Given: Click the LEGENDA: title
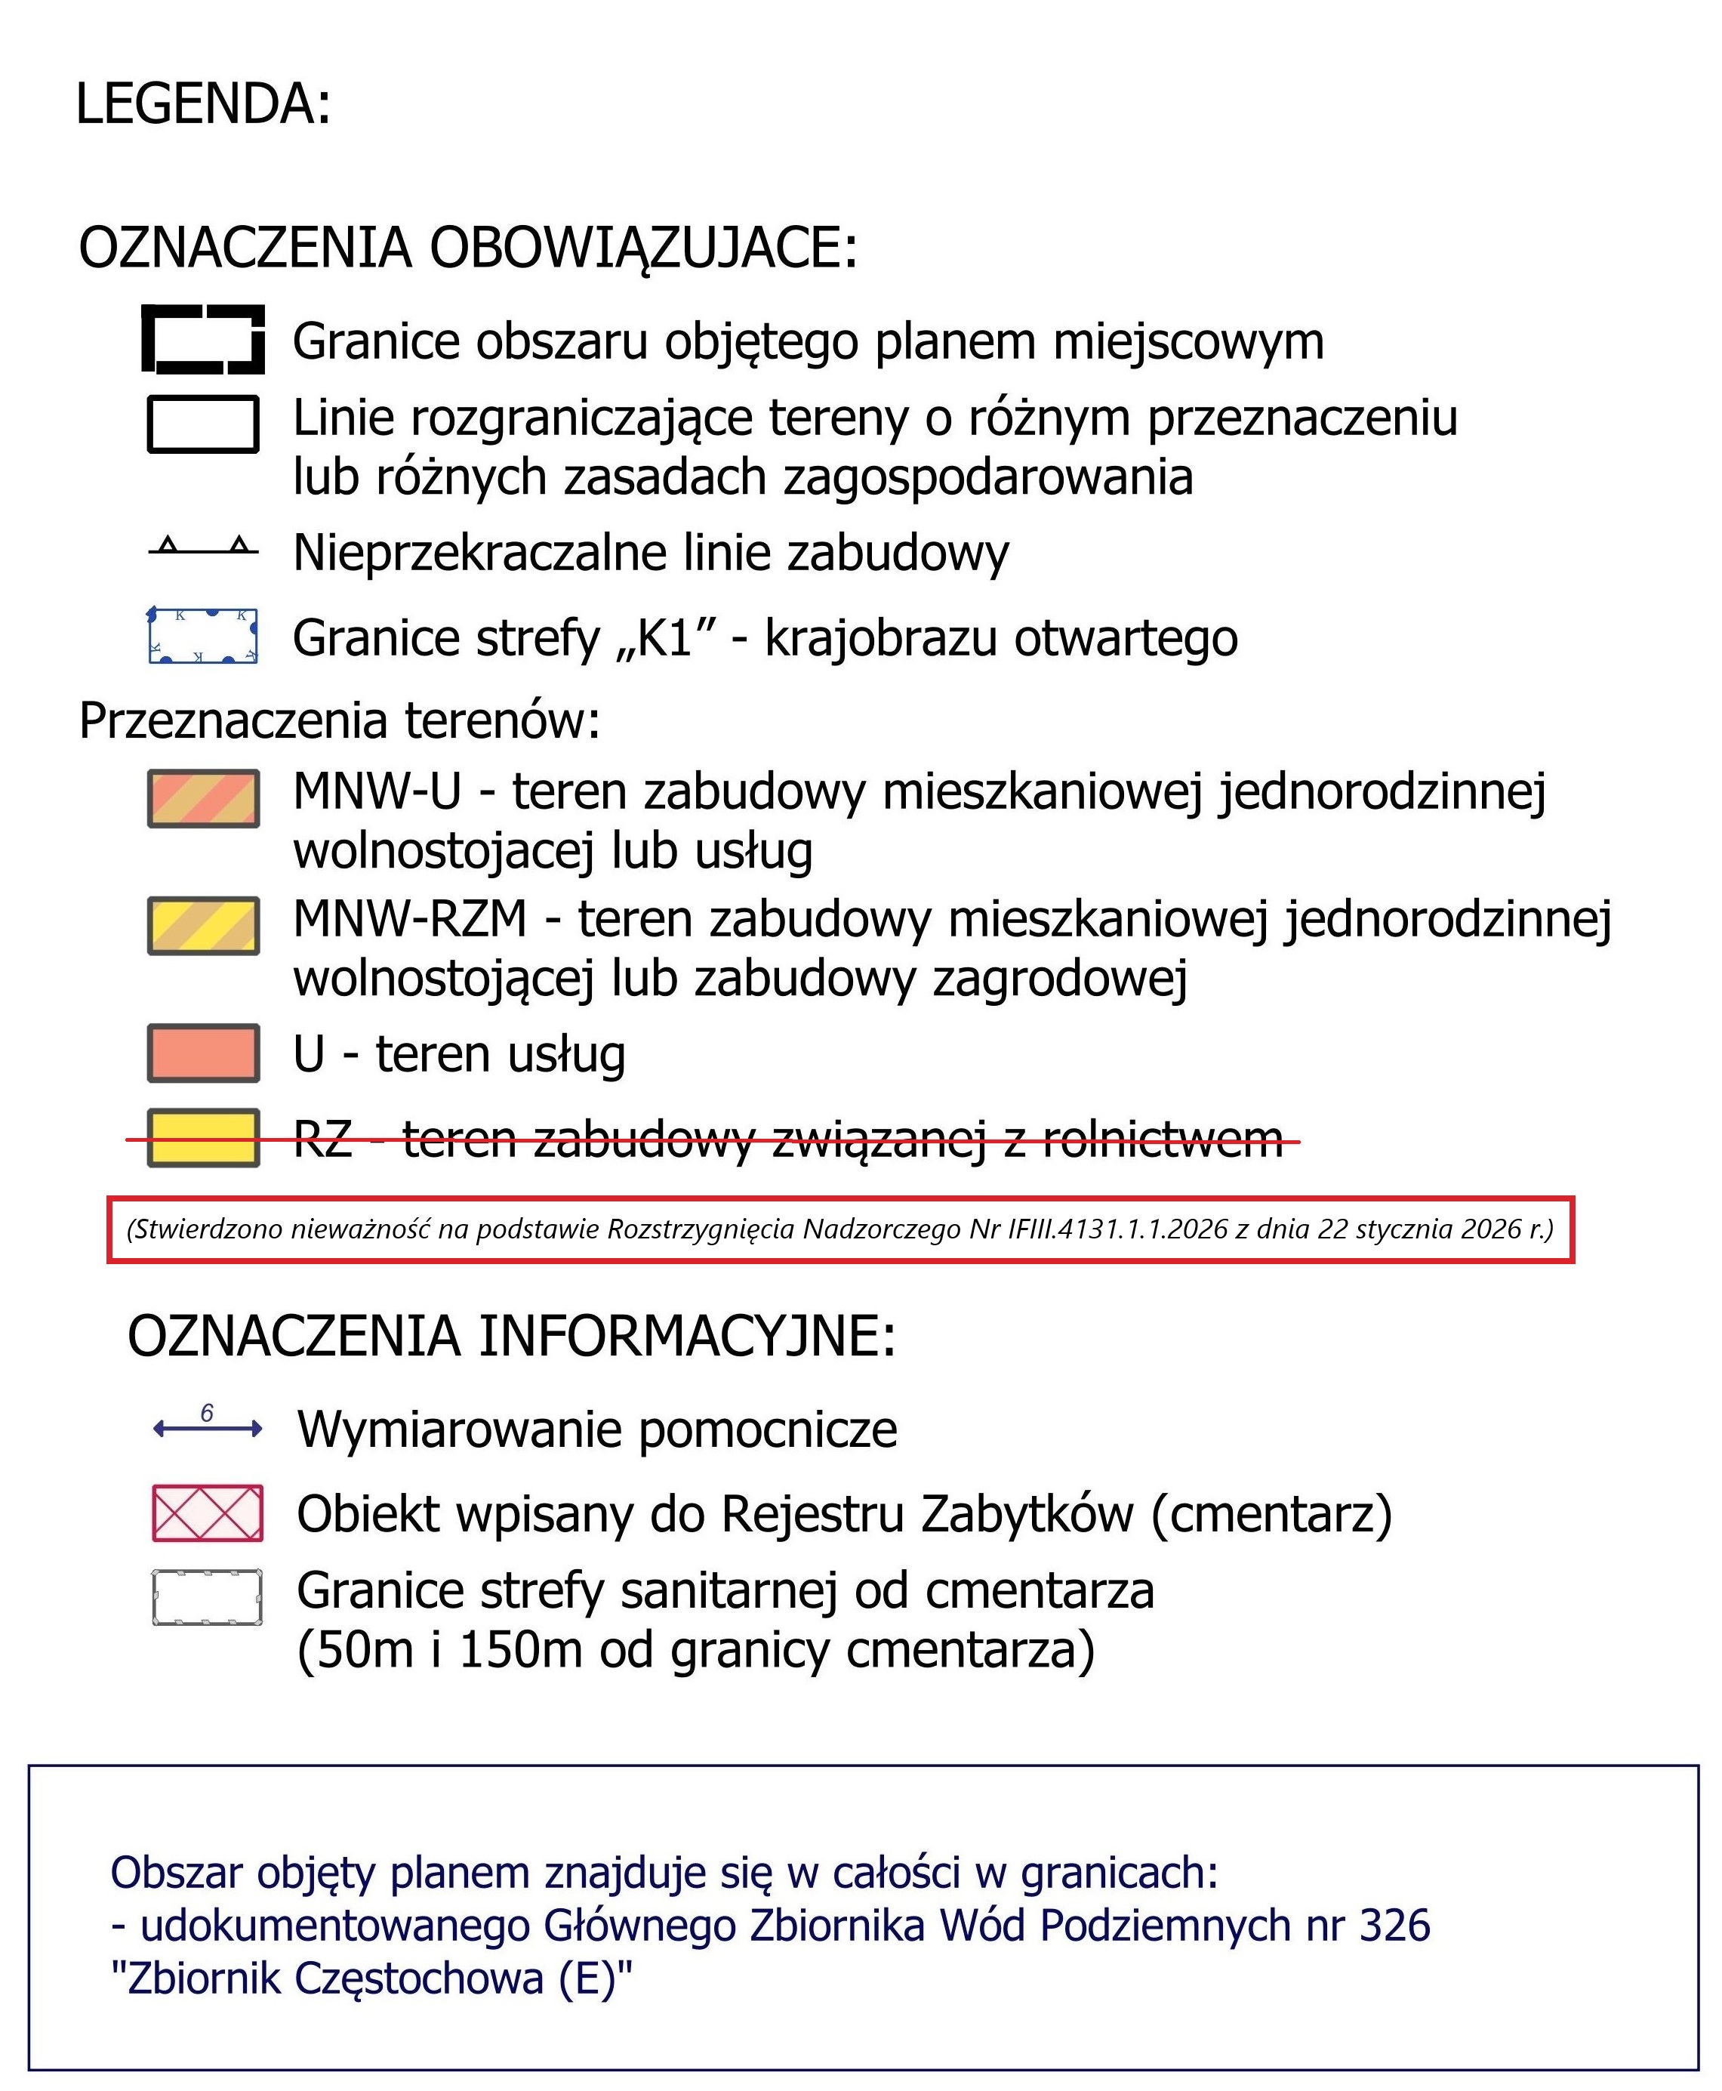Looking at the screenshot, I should point(202,104).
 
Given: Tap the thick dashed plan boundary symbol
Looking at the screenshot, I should point(202,339).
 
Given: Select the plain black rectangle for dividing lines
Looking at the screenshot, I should point(202,424).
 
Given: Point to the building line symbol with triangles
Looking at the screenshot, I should point(202,547).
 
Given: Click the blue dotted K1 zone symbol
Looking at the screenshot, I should point(202,636).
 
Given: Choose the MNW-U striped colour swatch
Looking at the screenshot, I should point(203,798).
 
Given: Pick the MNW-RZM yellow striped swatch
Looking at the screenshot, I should point(203,926).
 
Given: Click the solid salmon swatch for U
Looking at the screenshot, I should point(203,1053).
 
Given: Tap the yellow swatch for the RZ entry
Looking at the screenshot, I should point(203,1138).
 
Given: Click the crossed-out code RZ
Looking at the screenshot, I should point(322,1140).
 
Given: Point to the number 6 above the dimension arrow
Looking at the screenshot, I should point(206,1414).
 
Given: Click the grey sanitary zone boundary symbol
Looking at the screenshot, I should point(208,1598).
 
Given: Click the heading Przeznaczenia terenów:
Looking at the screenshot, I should point(339,721).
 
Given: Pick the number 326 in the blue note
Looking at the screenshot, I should point(1394,1926).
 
